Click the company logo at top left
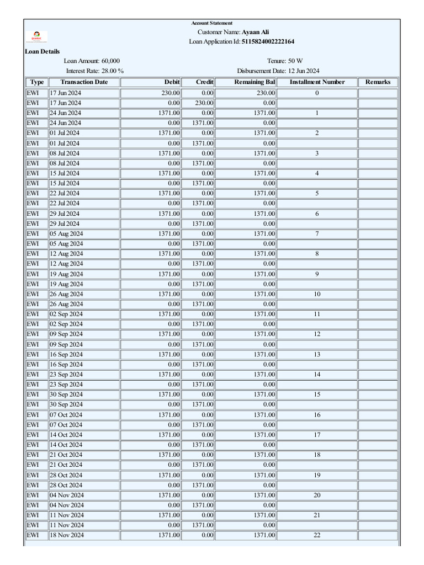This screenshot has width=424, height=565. click(37, 36)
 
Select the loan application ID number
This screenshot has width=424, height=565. click(268, 41)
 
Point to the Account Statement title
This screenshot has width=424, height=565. click(212, 23)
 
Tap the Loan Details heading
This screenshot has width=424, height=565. click(43, 51)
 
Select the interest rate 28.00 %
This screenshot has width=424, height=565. click(113, 71)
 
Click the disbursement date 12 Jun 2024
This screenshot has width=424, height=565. click(303, 71)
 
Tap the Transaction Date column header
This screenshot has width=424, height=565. click(84, 82)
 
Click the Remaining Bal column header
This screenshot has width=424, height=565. click(254, 82)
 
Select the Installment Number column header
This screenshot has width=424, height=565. click(317, 82)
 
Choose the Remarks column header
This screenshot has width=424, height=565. click(378, 82)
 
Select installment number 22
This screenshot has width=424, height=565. click(317, 535)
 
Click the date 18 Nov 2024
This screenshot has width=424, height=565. click(67, 535)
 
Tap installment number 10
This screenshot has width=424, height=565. click(317, 294)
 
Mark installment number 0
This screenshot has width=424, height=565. click(317, 93)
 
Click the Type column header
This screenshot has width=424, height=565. click(37, 82)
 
